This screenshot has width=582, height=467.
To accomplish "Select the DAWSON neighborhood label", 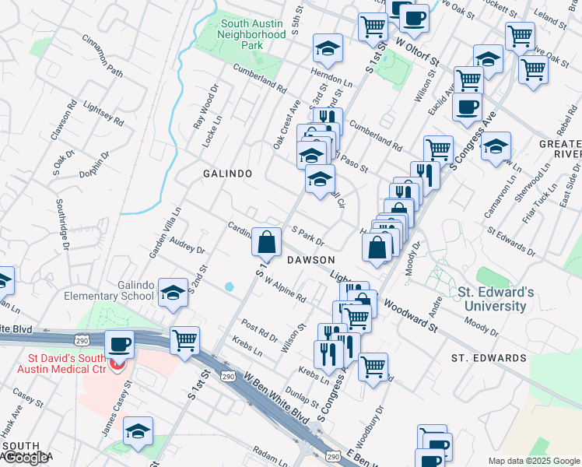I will tap(310, 260).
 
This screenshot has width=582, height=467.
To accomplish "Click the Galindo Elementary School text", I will tap(126, 290).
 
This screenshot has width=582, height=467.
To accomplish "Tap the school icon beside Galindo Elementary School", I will tap(173, 293).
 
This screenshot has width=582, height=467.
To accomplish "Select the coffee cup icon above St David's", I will tap(119, 344).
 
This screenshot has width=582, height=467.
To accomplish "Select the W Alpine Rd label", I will tap(283, 288).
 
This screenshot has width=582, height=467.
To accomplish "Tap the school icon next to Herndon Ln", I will tap(328, 49).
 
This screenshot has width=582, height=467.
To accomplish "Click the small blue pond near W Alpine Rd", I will tap(229, 286).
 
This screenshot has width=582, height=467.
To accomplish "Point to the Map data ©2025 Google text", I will tap(533, 461).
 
